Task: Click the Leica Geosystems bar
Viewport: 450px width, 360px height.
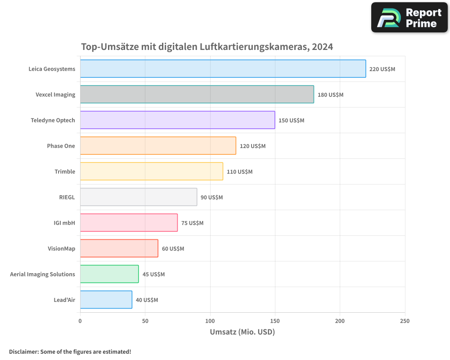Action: (223, 69)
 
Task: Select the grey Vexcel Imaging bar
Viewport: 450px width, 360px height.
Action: (197, 94)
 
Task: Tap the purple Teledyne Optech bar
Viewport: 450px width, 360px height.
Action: (177, 120)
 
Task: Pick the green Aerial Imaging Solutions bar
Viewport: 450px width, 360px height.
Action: (109, 274)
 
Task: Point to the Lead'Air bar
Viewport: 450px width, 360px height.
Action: (106, 300)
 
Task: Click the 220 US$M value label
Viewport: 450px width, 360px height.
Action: (382, 69)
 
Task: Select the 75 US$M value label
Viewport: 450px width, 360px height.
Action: (192, 223)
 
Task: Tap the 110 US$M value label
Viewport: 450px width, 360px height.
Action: (239, 172)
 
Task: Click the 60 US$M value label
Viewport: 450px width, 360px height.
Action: (173, 249)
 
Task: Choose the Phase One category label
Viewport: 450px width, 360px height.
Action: (61, 146)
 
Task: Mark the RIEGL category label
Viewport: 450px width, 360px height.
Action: (67, 197)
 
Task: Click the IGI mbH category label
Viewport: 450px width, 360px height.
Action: (64, 223)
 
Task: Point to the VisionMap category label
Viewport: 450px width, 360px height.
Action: (61, 248)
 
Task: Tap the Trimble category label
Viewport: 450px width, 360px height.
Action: (65, 171)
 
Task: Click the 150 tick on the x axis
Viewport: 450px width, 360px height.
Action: (275, 321)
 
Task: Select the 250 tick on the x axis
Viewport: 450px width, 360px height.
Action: (405, 321)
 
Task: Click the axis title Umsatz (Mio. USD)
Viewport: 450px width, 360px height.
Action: (242, 332)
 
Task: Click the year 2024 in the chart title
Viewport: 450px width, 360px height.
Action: (323, 47)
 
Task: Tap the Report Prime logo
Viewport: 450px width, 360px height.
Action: (409, 18)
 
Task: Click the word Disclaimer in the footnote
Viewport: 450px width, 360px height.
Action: (23, 351)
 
